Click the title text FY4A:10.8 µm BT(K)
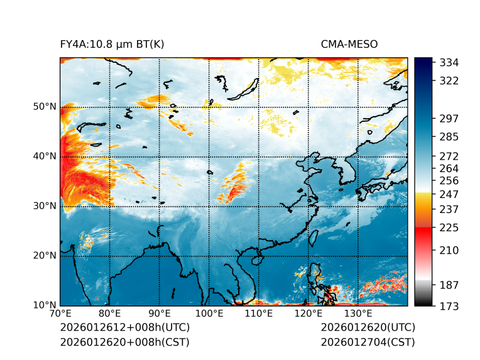[x=112, y=44]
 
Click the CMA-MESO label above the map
[x=349, y=44]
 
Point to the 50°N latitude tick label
[x=45, y=107]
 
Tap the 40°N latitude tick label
[x=45, y=156]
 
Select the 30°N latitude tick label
[x=45, y=206]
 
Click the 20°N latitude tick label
[x=45, y=256]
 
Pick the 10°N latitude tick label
[x=45, y=305]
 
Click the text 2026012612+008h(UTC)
[x=124, y=327]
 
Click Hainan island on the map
[x=256, y=259]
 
